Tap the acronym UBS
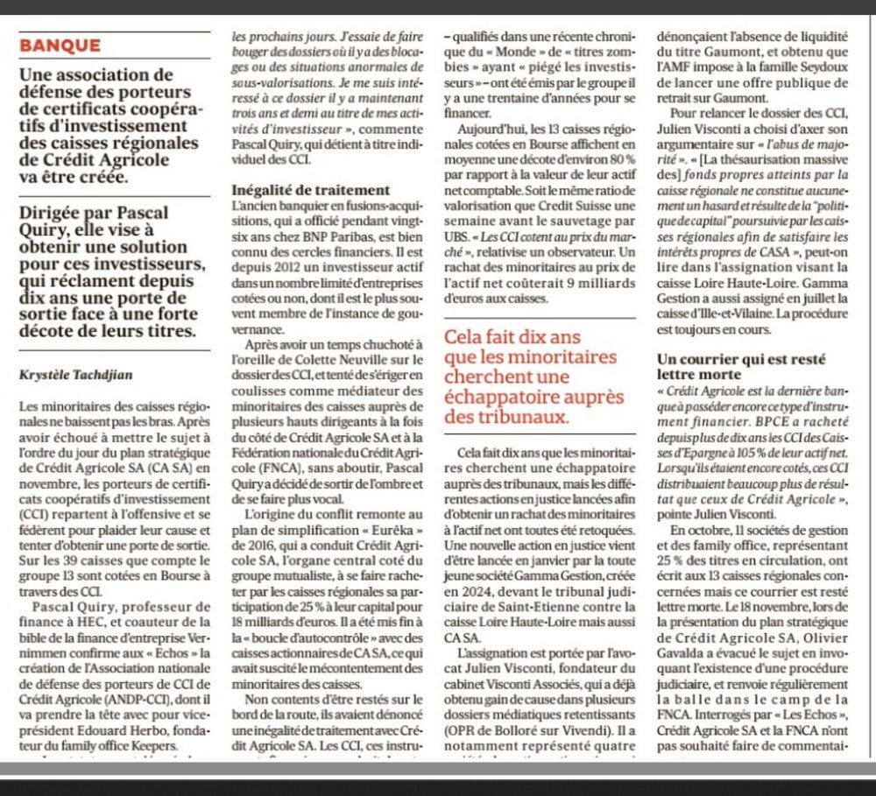458,237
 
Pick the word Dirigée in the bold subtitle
52,211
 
